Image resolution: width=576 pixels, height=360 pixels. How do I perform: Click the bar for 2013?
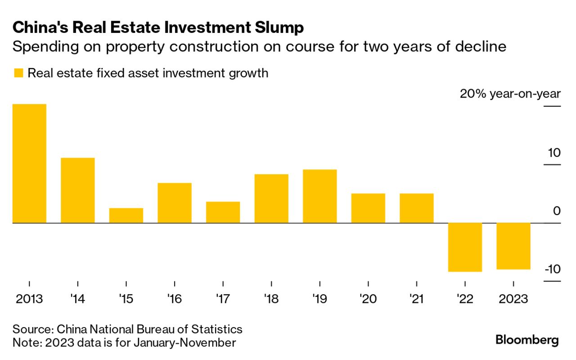coord(29,163)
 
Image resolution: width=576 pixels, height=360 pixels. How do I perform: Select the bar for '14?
coord(77,190)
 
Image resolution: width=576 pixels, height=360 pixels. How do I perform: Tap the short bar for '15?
coord(126,216)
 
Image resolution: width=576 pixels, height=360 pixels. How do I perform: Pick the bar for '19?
coord(319,196)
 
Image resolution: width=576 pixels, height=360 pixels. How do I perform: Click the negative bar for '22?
coord(465,247)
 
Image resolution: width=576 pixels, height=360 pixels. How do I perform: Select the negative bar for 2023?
coord(513,246)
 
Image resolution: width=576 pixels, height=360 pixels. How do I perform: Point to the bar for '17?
coord(223,212)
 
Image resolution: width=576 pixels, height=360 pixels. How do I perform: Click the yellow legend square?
coord(18,73)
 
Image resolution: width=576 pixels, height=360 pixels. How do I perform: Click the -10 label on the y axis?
coord(552,269)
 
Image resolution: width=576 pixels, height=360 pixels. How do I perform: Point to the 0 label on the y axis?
coord(557,211)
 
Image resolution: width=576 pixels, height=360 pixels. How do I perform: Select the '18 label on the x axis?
coord(271,299)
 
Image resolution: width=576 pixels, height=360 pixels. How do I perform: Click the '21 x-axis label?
coord(416,299)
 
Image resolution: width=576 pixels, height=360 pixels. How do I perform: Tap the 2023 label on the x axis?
coord(513,299)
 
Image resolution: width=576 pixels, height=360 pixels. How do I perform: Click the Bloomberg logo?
coord(527,340)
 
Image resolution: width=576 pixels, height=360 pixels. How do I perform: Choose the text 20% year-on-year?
coord(510,94)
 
